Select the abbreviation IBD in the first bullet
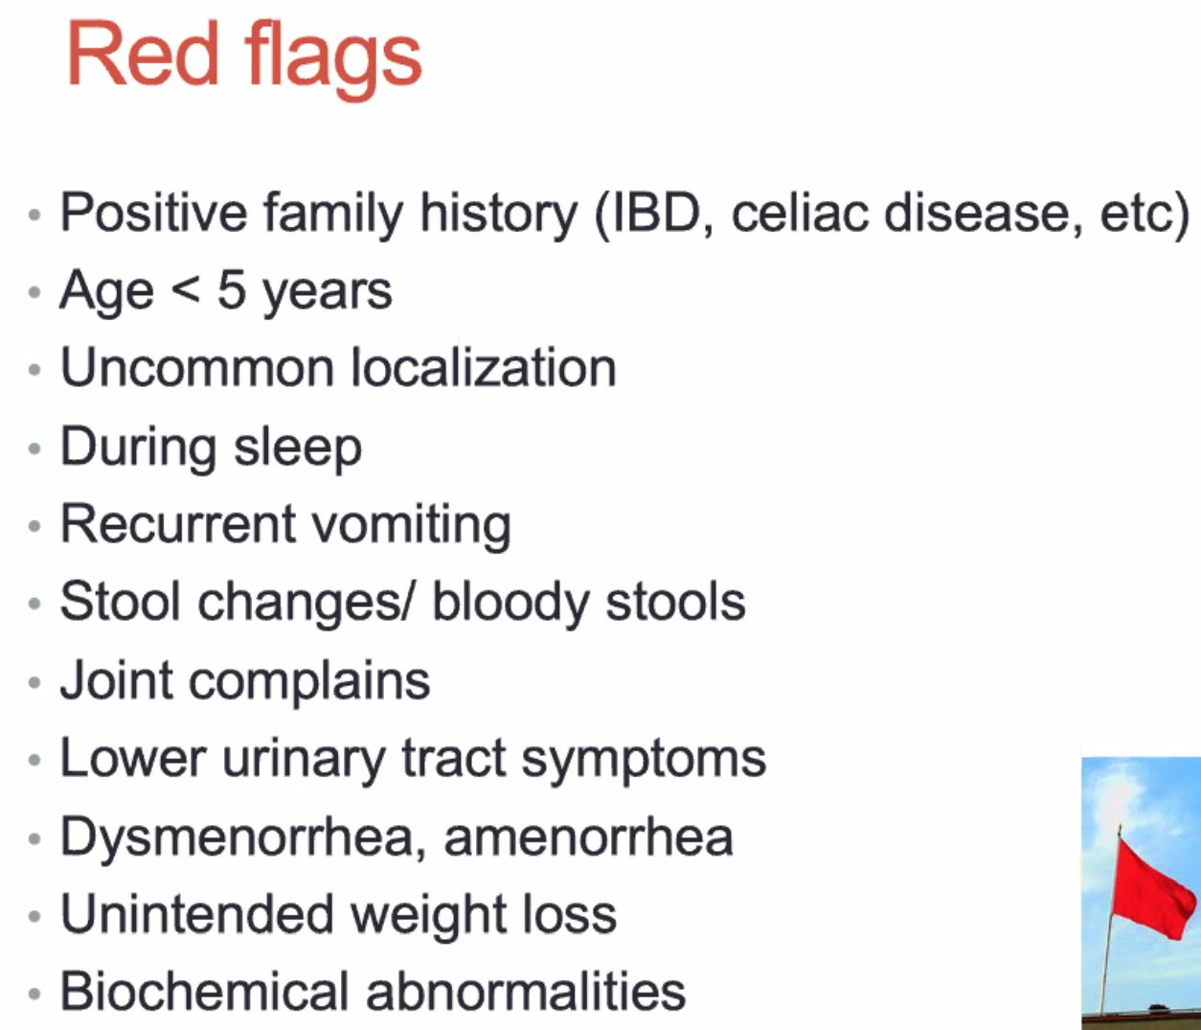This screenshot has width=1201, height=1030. coord(656,213)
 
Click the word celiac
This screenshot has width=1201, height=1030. coord(800,213)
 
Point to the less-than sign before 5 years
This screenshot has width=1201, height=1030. coord(187,289)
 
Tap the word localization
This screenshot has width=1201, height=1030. coord(484,367)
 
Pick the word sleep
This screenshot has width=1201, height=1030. coord(298,448)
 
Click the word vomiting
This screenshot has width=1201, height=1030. coord(412,525)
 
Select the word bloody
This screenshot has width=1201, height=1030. coord(510,604)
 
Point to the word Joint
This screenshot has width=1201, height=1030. coord(116,680)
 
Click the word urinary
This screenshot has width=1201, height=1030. coord(304,760)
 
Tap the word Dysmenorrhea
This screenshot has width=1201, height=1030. coord(243,837)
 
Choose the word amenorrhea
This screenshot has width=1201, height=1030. coord(588,837)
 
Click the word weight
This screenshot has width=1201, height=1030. coord(427,916)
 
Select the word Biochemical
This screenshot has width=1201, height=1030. coord(204,992)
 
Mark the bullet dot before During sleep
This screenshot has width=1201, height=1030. coord(34,448)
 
